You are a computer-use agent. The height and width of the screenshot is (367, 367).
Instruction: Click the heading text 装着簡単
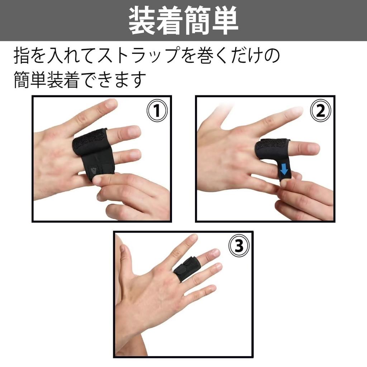(183, 21)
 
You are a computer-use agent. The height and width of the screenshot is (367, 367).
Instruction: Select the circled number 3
(239, 247)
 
